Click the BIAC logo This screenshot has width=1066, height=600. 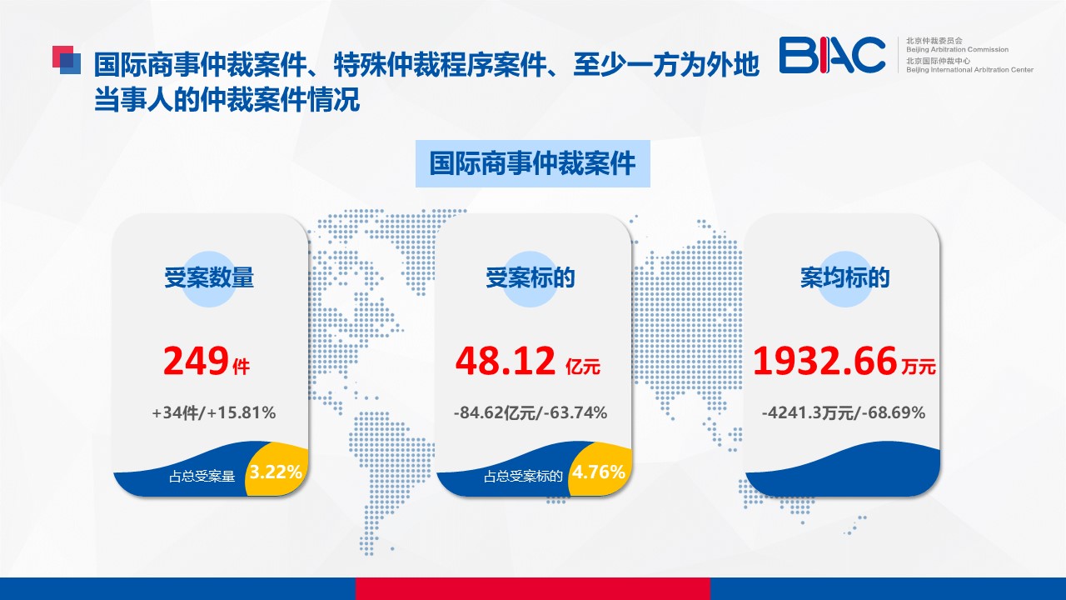point(832,55)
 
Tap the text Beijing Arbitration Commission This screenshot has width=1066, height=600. point(957,49)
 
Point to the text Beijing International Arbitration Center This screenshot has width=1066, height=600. point(969,69)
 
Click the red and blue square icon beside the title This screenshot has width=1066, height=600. point(66,60)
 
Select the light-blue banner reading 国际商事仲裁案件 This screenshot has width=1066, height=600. point(532,163)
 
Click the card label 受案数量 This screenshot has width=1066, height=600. point(209,277)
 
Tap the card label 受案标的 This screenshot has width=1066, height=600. point(531,277)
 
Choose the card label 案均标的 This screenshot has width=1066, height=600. point(844,277)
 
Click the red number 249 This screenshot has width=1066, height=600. point(196,362)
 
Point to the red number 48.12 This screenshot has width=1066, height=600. point(505,362)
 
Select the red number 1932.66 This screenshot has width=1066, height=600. point(824,362)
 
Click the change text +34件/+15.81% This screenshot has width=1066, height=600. point(214,412)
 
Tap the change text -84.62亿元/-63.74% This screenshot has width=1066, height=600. point(531,412)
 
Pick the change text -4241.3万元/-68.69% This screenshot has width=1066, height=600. point(844,412)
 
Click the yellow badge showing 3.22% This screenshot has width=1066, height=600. point(276,470)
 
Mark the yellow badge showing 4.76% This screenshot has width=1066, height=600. point(600,470)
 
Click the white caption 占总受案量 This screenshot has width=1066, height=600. point(202,477)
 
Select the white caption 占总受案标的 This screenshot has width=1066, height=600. point(523,477)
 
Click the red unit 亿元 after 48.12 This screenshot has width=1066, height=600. point(583,367)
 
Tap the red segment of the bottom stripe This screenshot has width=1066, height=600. point(532,589)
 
